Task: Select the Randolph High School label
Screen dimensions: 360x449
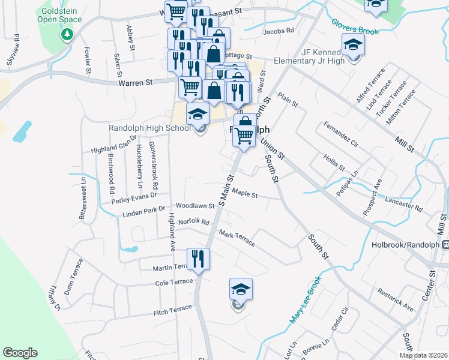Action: [149, 128]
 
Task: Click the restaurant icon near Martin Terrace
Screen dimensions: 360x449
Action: [198, 260]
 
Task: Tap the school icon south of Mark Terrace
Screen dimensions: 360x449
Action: [241, 290]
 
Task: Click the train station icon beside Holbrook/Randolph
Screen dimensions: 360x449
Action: [445, 245]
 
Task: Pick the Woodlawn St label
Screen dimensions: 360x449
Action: [194, 205]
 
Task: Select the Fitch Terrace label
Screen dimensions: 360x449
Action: [172, 310]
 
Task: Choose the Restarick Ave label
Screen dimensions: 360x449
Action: [396, 299]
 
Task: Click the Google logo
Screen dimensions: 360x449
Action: [20, 353]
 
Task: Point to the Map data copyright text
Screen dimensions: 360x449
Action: [423, 355]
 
